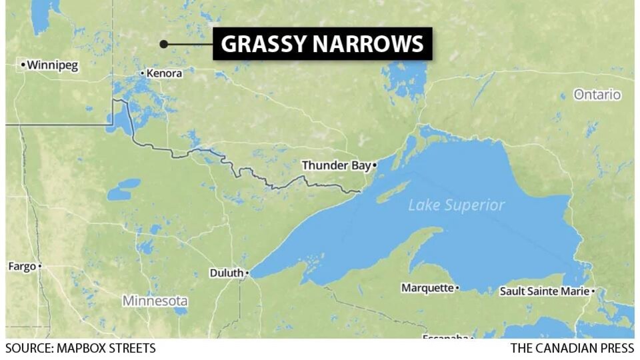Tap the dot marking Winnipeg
point(23,65)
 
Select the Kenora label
point(164,73)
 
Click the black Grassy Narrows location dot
point(163,45)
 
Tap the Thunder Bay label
point(335,165)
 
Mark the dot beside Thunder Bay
point(375,165)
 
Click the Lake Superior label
point(457,205)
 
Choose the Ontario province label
point(597,95)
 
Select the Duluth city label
point(226,273)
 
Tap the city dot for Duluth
point(247,273)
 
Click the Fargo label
point(21,266)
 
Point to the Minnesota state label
point(155,301)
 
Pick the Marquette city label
point(427,288)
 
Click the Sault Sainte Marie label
point(545,291)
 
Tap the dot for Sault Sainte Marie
point(593,291)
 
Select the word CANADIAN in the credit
point(566,348)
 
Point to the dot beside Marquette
point(457,288)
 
